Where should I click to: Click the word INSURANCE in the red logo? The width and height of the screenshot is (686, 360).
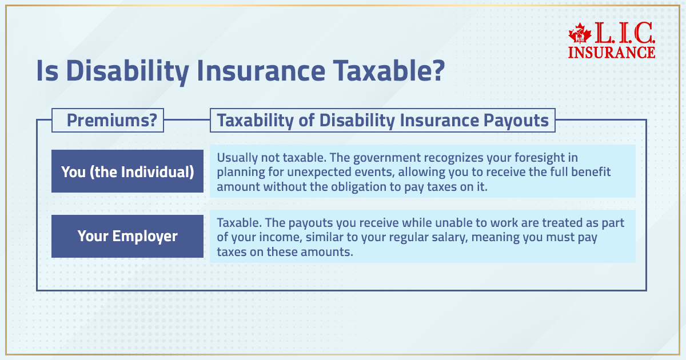pyautogui.click(x=612, y=52)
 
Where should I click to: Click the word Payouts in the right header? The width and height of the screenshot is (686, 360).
pyautogui.click(x=517, y=121)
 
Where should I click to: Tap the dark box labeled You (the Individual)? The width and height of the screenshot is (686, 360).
pyautogui.click(x=127, y=171)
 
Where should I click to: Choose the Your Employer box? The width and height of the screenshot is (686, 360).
pyautogui.click(x=127, y=236)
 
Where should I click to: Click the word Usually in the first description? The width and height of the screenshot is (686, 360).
pyautogui.click(x=237, y=157)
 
